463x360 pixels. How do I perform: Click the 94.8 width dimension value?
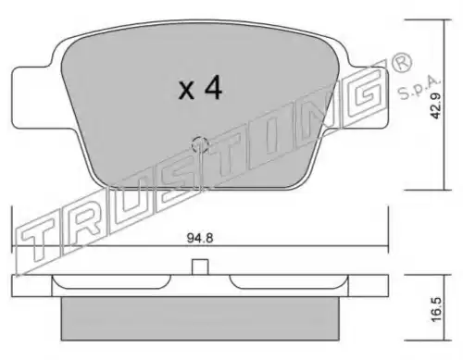200,238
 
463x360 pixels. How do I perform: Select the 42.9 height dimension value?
436,106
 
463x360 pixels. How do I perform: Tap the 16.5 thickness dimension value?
436,310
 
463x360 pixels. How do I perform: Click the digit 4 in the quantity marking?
214,88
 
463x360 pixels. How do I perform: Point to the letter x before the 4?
186,92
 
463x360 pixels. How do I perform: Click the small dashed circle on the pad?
200,144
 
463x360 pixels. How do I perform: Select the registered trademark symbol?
401,63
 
